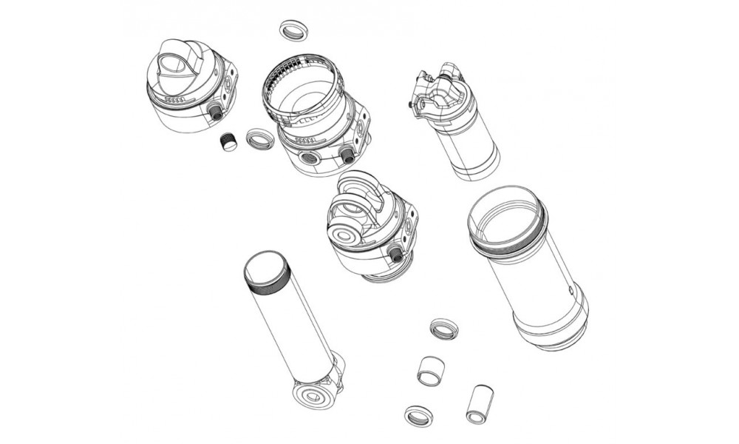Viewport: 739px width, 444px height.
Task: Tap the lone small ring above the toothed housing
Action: [x=293, y=33]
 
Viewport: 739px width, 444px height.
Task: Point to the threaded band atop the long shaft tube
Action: [x=266, y=273]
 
